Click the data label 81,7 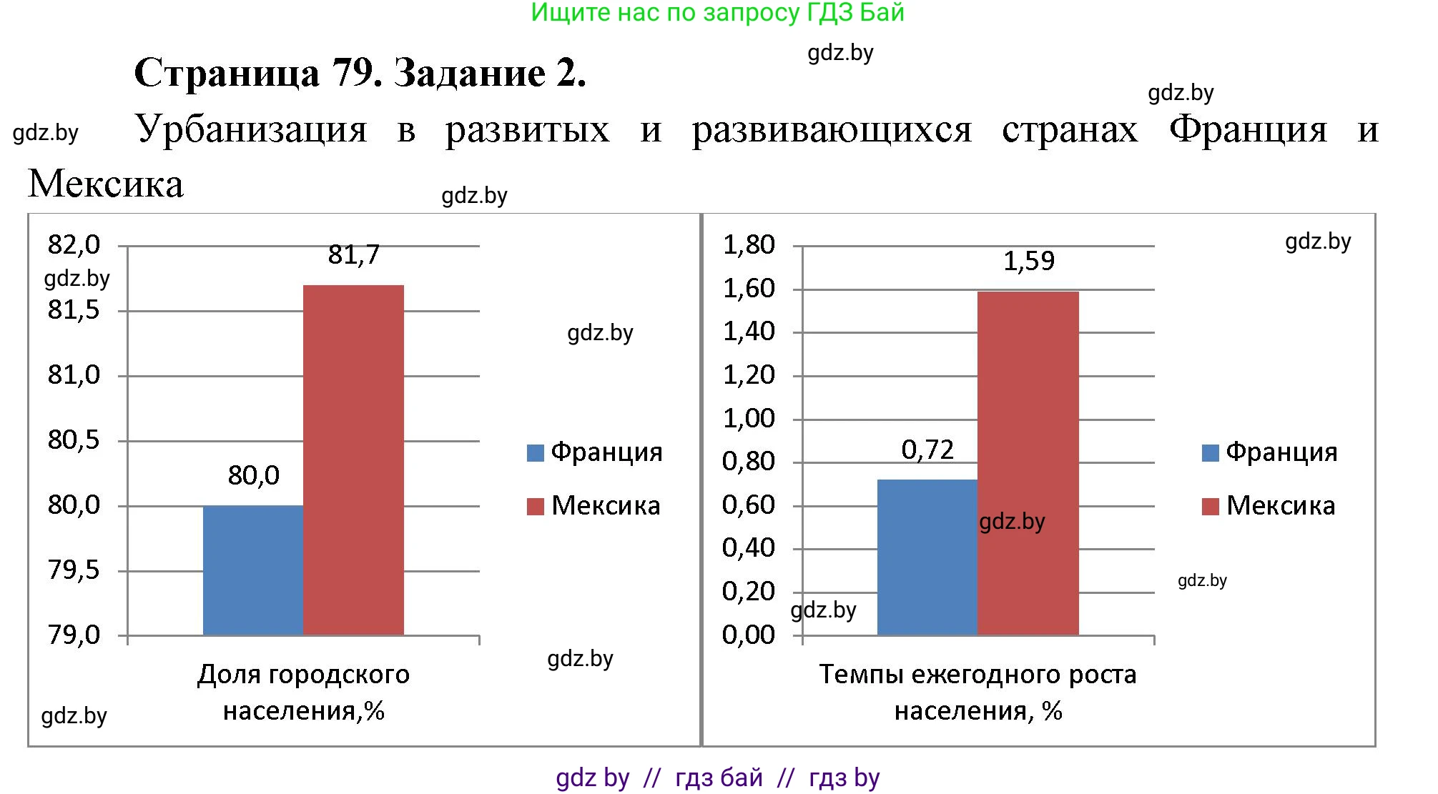click(354, 255)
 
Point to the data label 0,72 click(927, 450)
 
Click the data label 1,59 click(1028, 262)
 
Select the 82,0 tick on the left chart click(74, 245)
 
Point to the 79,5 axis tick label click(74, 570)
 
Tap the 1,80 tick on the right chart click(749, 245)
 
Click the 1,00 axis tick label click(749, 419)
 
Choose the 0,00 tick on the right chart click(749, 635)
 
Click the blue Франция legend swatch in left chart click(535, 453)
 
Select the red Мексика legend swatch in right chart click(1210, 507)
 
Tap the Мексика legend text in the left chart click(606, 506)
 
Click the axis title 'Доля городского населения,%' click(303, 693)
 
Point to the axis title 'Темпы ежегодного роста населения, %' click(977, 693)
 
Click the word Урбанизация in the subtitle click(251, 130)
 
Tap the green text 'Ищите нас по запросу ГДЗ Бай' click(717, 13)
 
